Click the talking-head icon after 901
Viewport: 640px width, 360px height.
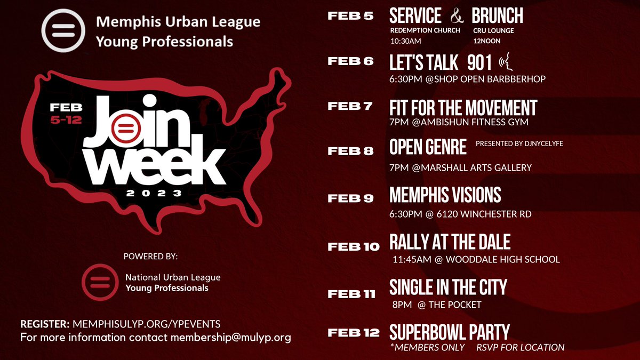pyautogui.click(x=506, y=64)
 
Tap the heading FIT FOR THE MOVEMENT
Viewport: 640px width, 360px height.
pyautogui.click(x=463, y=108)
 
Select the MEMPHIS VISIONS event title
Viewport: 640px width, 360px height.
pyautogui.click(x=445, y=195)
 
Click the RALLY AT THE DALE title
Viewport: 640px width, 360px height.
pyautogui.click(x=450, y=243)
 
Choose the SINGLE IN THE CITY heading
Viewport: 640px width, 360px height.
pyautogui.click(x=448, y=287)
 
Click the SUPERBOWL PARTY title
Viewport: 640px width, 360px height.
pyautogui.click(x=450, y=333)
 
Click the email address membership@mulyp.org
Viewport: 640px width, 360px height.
pyautogui.click(x=231, y=338)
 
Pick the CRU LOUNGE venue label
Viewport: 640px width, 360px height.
pyautogui.click(x=493, y=30)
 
